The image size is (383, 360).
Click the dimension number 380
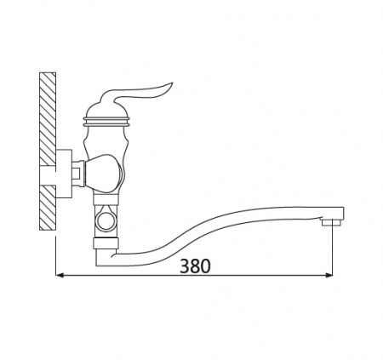point(196,266)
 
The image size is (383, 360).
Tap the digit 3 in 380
point(185,266)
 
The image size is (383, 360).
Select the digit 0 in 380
point(206,266)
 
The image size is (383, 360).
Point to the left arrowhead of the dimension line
point(60,275)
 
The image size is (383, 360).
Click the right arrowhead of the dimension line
point(329,275)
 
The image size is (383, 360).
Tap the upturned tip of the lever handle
point(170,84)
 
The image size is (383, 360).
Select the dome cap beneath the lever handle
point(106,110)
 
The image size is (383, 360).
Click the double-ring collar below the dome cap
point(106,121)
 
